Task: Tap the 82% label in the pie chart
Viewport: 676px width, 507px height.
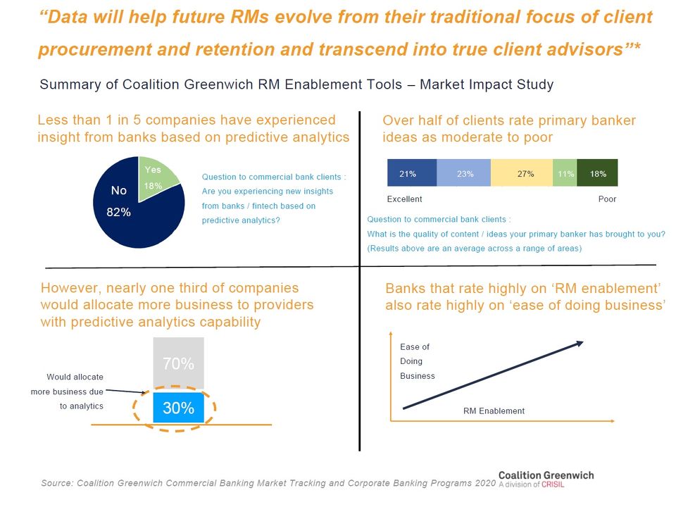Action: click(118, 212)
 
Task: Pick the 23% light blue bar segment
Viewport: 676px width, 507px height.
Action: click(464, 173)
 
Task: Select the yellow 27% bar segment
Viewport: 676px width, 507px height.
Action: click(522, 173)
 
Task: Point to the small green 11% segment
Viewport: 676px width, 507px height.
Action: click(565, 173)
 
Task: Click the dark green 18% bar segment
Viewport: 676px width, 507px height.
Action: click(597, 173)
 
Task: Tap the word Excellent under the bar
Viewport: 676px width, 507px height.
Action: click(405, 199)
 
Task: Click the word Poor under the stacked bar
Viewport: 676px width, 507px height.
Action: click(607, 199)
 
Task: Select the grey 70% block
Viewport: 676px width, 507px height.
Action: click(178, 363)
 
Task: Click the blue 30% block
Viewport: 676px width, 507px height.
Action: click(178, 408)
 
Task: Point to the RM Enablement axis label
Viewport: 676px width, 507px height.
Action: click(494, 411)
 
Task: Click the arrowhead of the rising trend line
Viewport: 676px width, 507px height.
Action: click(578, 344)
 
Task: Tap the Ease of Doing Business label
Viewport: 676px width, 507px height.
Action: click(417, 361)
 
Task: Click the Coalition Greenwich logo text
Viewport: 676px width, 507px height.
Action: click(546, 475)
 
